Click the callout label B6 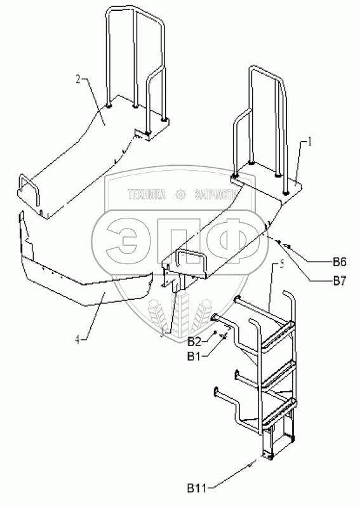339,262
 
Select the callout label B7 339,281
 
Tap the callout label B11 197,488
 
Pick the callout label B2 195,342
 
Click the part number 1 309,142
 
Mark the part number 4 77,340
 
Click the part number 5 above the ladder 281,265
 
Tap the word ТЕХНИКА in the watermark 147,194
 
